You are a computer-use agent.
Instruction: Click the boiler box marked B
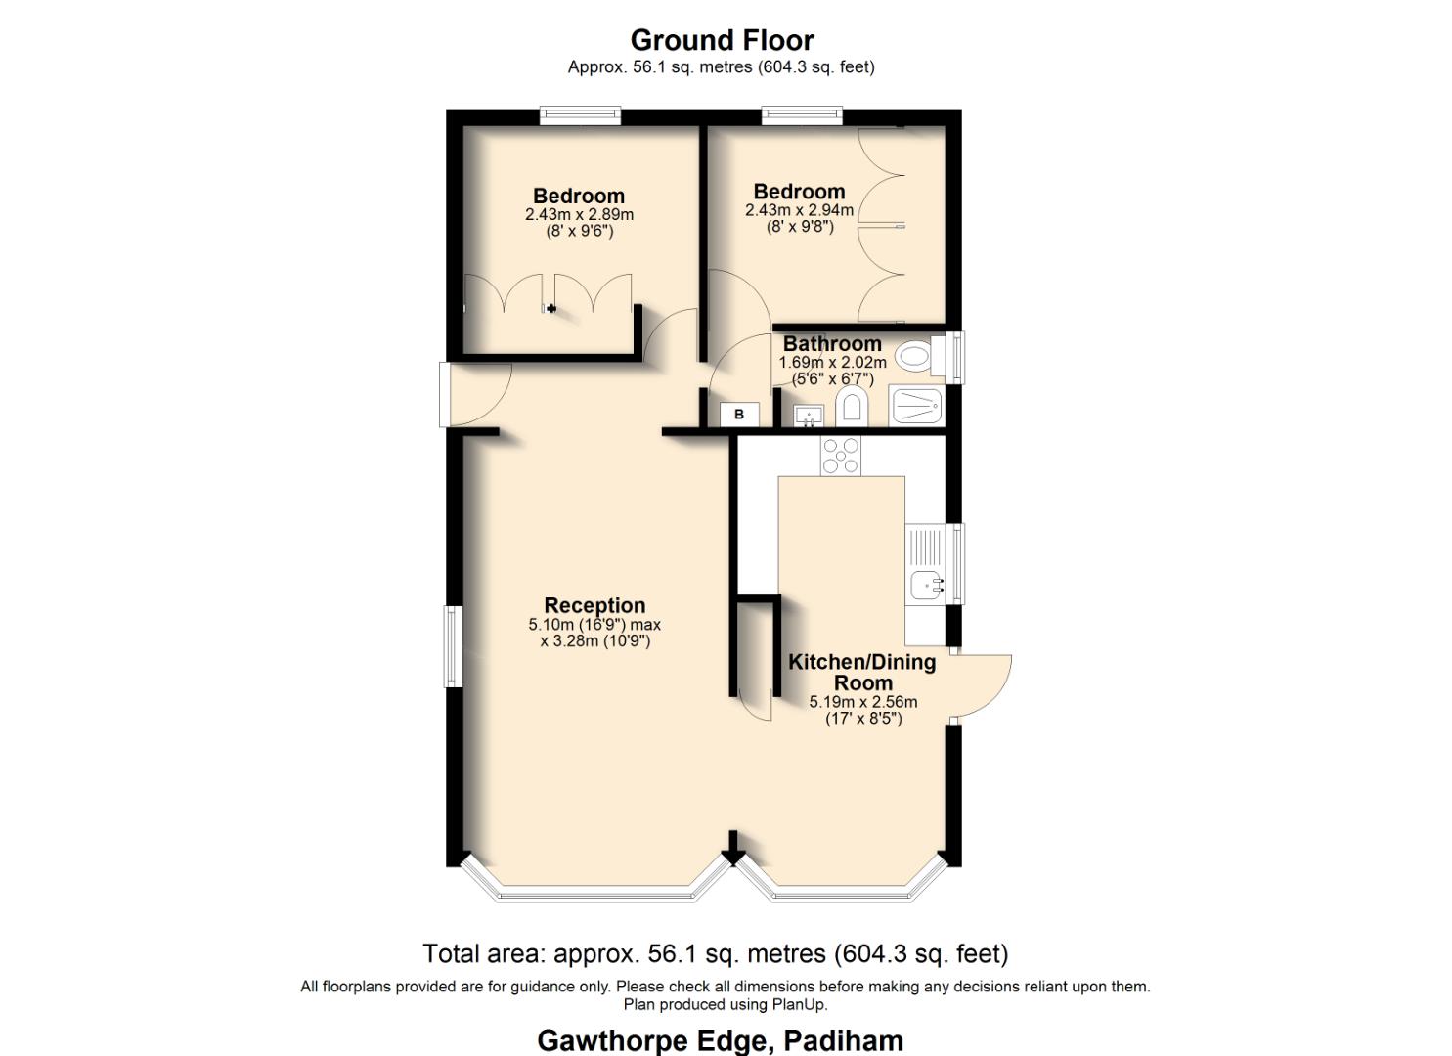[x=739, y=415]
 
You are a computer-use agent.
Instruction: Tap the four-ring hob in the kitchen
[x=841, y=456]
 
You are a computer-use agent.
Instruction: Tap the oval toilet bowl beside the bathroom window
[x=913, y=356]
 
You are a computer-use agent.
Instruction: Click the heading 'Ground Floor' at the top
[x=722, y=40]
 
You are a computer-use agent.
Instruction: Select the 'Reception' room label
[x=594, y=605]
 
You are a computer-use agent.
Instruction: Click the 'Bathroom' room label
[x=832, y=344]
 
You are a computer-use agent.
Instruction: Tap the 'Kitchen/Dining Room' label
[x=862, y=673]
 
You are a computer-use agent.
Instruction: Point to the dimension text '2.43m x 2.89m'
[x=579, y=214]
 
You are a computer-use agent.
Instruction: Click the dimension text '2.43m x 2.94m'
[x=799, y=210]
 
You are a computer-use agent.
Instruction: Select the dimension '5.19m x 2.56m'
[x=863, y=702]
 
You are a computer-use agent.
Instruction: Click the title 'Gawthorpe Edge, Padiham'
[x=720, y=1040]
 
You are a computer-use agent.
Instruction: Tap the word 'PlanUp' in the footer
[x=800, y=1004]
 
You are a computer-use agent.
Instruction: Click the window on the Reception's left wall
[x=453, y=646]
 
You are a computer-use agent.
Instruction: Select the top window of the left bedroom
[x=581, y=115]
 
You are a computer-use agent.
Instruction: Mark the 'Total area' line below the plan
[x=715, y=953]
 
